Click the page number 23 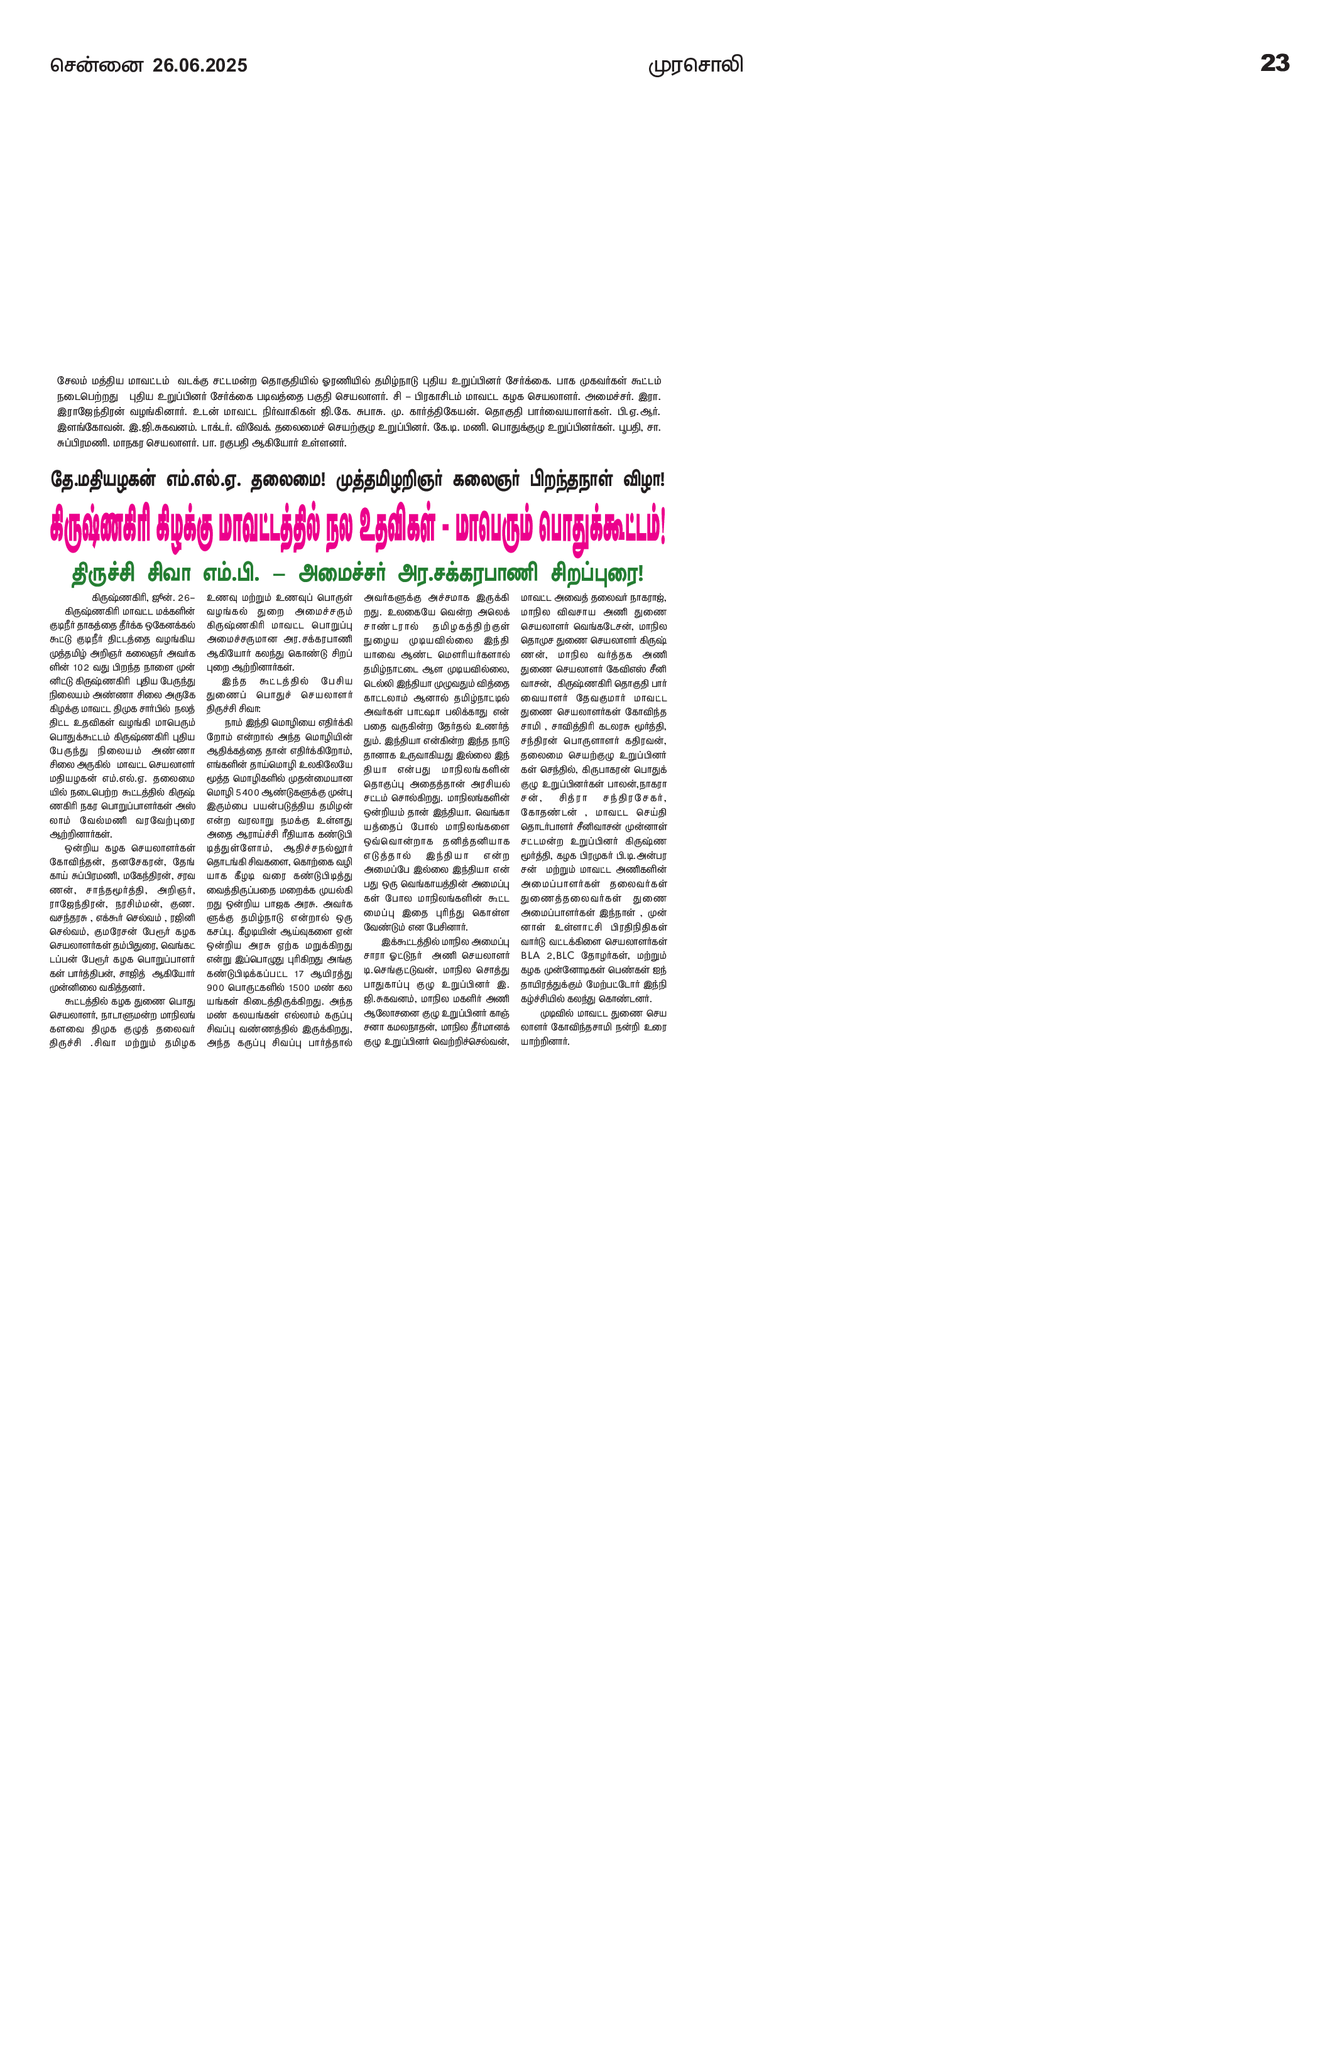point(1274,63)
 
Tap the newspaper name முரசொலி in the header point(695,65)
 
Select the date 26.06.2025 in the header point(200,65)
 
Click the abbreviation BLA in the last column point(530,956)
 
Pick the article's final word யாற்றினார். point(545,1042)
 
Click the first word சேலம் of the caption point(72,381)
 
